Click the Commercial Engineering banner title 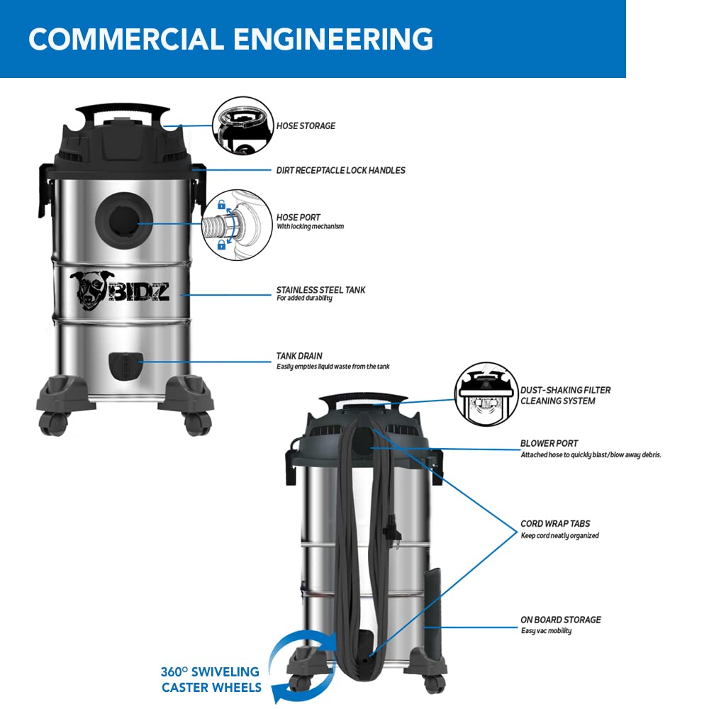click(x=230, y=38)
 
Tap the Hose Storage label click(x=306, y=126)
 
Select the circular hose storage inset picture click(x=243, y=126)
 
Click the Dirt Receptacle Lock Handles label click(x=340, y=170)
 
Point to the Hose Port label click(x=298, y=218)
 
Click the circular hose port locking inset click(x=238, y=225)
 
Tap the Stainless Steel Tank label click(x=320, y=290)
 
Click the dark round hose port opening click(x=121, y=220)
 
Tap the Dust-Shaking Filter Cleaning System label click(x=565, y=396)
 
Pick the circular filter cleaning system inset click(x=486, y=394)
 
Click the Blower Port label click(x=549, y=444)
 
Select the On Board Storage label click(x=560, y=620)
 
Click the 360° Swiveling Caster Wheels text click(x=211, y=679)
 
